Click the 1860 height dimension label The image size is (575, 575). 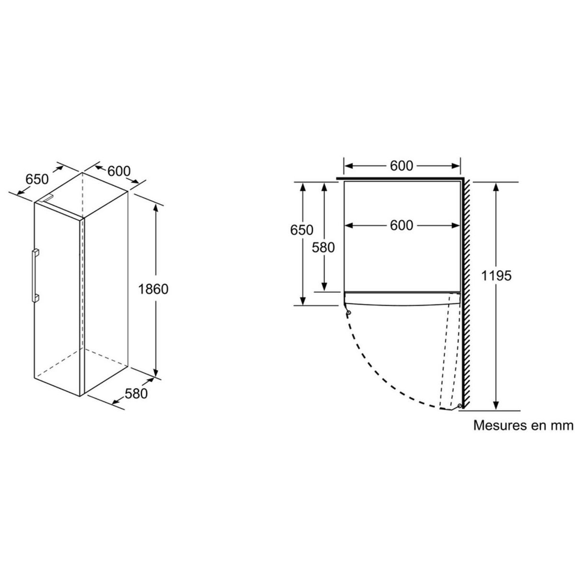153,289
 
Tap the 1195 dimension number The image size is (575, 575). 496,276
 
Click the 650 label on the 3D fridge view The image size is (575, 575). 37,179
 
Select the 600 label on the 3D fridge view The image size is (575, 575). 119,171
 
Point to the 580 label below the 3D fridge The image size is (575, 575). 136,394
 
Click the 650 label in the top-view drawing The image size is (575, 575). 302,230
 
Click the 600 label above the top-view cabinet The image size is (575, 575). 402,166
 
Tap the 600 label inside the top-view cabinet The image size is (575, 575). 402,226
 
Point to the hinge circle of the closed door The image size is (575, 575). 348,313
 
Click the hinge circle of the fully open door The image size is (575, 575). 460,406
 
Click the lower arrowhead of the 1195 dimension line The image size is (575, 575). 496,405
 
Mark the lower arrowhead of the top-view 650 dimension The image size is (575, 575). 303,300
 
